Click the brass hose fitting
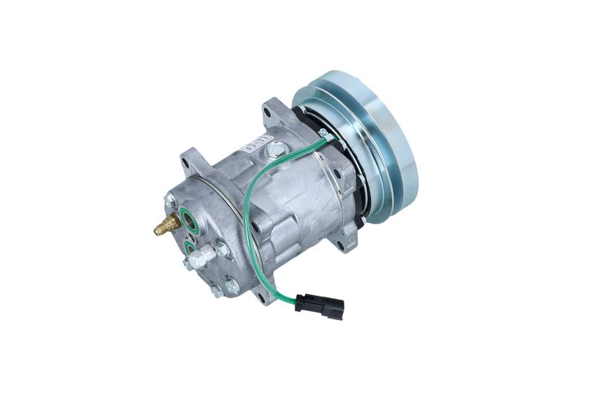tap(166, 224)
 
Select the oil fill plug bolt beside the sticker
tap(277, 151)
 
